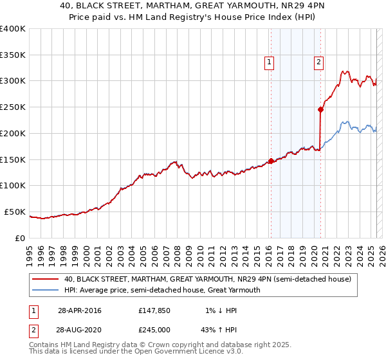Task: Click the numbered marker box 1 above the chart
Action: [x=269, y=62]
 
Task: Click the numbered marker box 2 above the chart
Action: [x=318, y=62]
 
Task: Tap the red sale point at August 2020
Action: [x=320, y=109]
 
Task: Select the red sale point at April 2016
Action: [x=271, y=161]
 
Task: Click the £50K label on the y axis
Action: [x=15, y=212]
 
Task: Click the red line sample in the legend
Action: [x=45, y=280]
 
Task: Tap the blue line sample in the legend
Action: [x=45, y=290]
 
